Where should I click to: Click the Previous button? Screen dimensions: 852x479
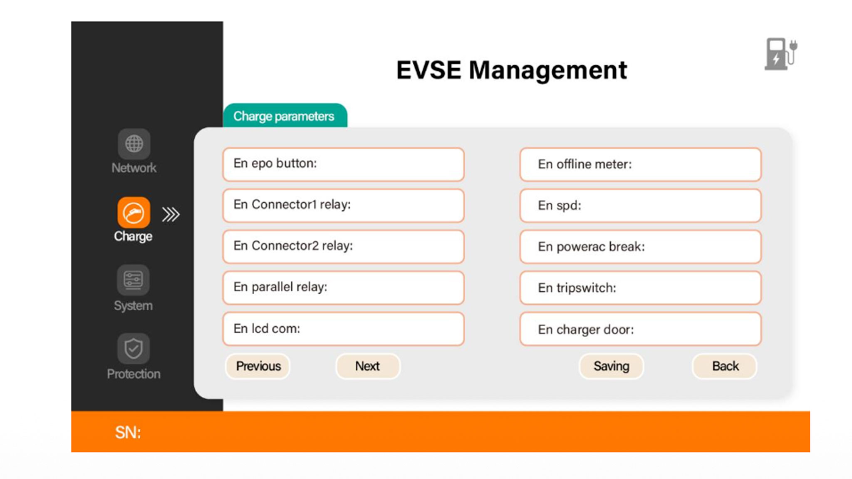pyautogui.click(x=258, y=366)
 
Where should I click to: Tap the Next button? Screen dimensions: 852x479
pyautogui.click(x=368, y=366)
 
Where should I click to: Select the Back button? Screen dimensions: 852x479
pyautogui.click(x=725, y=366)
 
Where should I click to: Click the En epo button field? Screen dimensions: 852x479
pyautogui.click(x=344, y=164)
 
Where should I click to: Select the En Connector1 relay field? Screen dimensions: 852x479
pyautogui.click(x=344, y=205)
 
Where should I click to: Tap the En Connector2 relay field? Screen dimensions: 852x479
pyautogui.click(x=344, y=246)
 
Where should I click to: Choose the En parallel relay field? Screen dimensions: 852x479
pyautogui.click(x=344, y=288)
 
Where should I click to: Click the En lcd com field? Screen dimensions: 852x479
pyautogui.click(x=344, y=329)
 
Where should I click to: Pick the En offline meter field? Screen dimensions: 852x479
pyautogui.click(x=641, y=164)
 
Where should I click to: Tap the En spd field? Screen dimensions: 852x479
pyautogui.click(x=641, y=205)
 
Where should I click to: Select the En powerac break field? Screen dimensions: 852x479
pyautogui.click(x=641, y=246)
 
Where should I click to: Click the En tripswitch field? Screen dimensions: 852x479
pyautogui.click(x=641, y=288)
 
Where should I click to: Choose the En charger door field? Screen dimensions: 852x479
pyautogui.click(x=641, y=329)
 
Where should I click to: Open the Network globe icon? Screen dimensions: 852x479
pyautogui.click(x=134, y=144)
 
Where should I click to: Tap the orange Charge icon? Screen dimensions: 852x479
pyautogui.click(x=134, y=213)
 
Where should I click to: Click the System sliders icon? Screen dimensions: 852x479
pyautogui.click(x=133, y=280)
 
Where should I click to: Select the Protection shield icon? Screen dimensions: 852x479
pyautogui.click(x=133, y=348)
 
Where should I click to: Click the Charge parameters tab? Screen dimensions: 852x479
pyautogui.click(x=285, y=116)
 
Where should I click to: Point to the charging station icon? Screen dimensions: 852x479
pyautogui.click(x=781, y=54)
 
